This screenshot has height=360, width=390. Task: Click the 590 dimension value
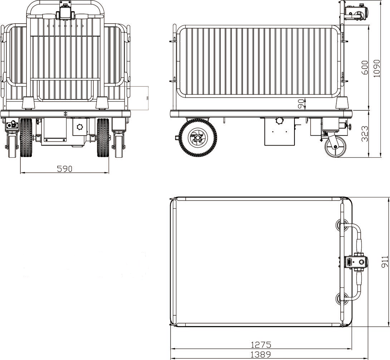pyautogui.click(x=65, y=168)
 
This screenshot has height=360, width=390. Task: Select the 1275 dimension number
pyautogui.click(x=261, y=345)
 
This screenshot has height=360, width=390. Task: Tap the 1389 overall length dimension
pyautogui.click(x=261, y=355)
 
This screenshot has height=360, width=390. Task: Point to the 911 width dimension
pyautogui.click(x=385, y=262)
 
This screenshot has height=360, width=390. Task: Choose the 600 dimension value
pyautogui.click(x=364, y=67)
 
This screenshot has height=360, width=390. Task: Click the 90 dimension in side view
pyautogui.click(x=302, y=104)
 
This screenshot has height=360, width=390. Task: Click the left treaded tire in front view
pyautogui.click(x=26, y=138)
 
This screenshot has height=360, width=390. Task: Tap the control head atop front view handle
pyautogui.click(x=65, y=13)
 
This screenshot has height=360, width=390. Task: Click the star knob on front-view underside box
pyautogui.click(x=79, y=128)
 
